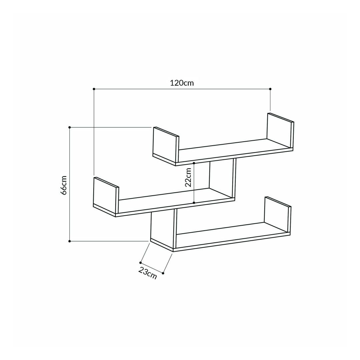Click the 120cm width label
coord(182,83)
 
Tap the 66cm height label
coord(64,185)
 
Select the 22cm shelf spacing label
coord(188,177)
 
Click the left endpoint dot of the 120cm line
coord(94,89)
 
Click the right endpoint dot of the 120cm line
coord(270,89)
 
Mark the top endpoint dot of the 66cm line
coord(70,127)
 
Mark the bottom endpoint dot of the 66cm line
coord(70,241)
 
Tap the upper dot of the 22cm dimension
coord(194,163)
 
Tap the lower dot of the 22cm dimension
coord(194,203)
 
